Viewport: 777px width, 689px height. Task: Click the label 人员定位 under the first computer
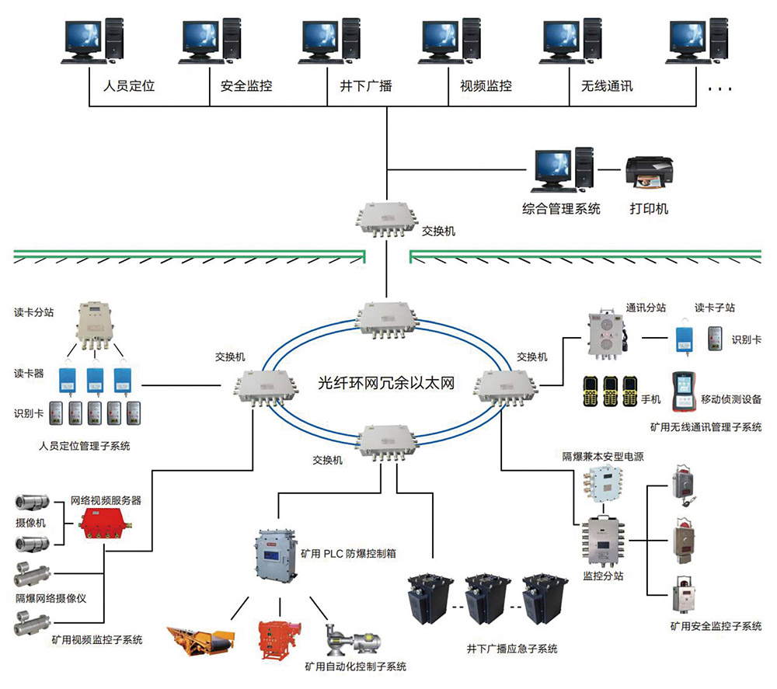point(129,85)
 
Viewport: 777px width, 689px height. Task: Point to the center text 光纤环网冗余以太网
point(385,383)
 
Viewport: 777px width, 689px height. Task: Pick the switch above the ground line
point(385,222)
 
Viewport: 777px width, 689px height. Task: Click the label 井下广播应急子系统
point(512,649)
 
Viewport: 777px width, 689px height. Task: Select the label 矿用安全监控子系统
point(715,626)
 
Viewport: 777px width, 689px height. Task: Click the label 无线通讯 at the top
point(606,85)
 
